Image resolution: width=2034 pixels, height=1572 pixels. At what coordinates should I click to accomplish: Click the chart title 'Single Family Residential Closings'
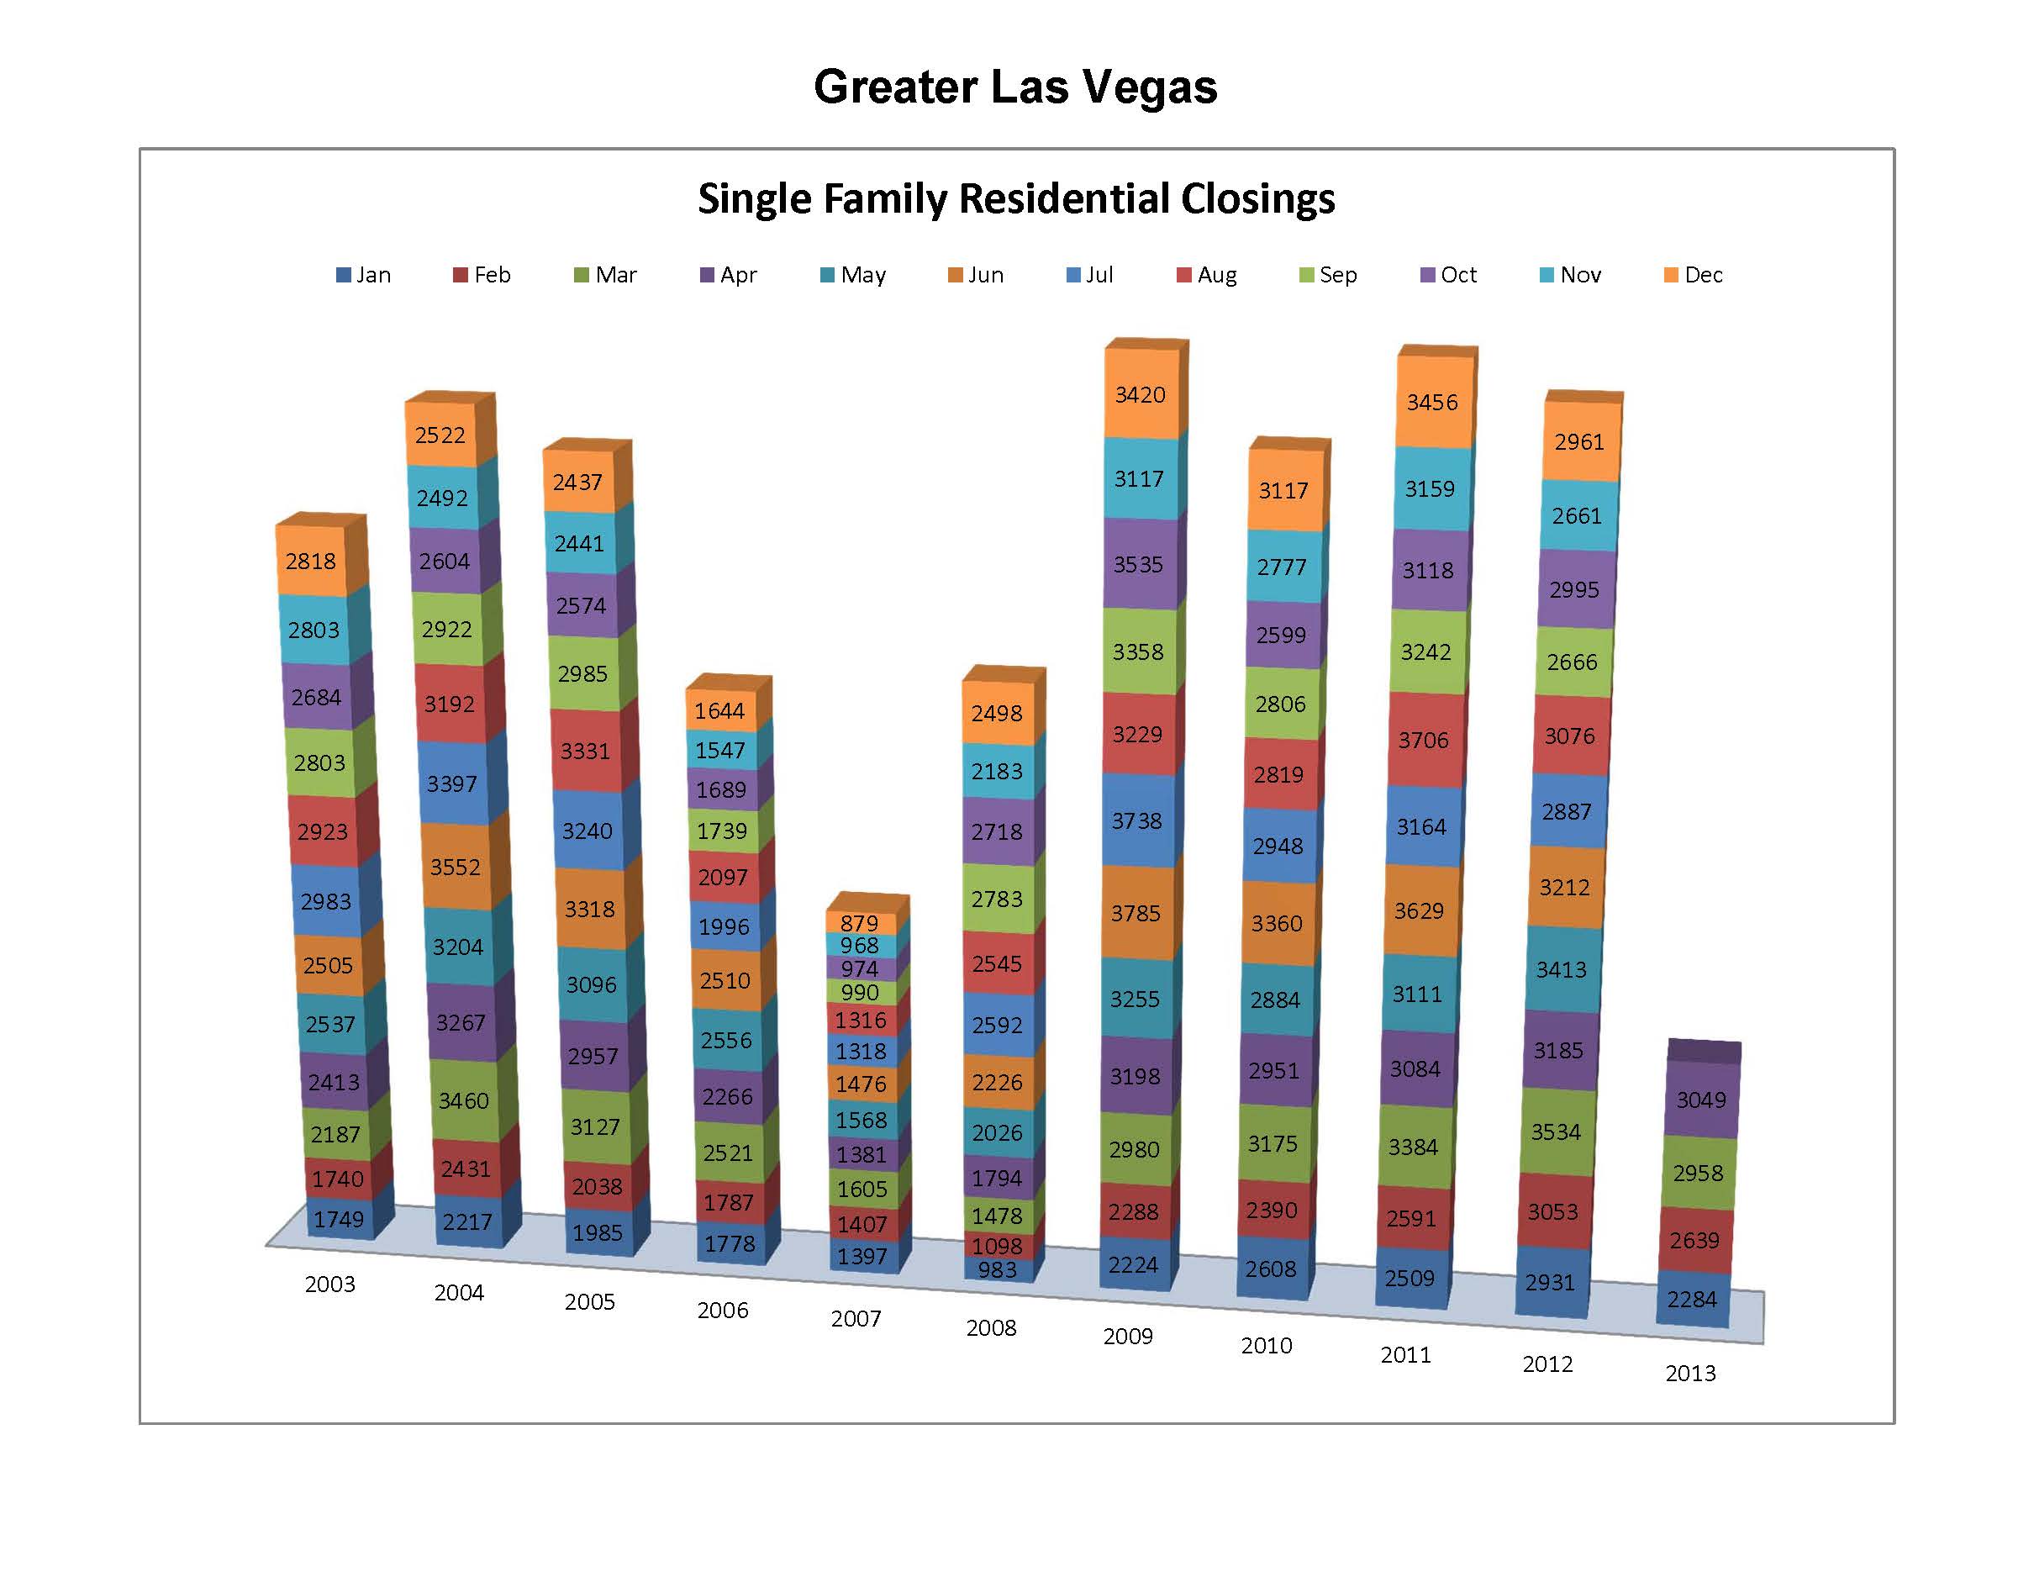click(1016, 198)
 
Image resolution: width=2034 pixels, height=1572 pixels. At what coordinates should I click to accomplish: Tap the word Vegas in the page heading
click(1146, 87)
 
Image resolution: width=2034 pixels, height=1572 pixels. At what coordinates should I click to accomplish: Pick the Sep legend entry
click(1328, 275)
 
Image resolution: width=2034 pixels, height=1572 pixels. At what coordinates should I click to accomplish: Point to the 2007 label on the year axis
click(856, 1319)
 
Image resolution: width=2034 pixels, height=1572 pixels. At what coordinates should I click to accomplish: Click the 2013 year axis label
click(1690, 1373)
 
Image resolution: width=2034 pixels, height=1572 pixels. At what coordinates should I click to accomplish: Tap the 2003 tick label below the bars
click(329, 1285)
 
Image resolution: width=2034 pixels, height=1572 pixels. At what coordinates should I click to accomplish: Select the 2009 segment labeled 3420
click(1140, 395)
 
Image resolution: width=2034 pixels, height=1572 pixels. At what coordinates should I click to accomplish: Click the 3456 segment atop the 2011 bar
click(1432, 403)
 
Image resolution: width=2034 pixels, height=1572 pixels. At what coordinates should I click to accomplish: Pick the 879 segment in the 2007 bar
click(859, 923)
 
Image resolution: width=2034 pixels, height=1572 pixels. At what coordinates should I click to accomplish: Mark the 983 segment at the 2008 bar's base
click(997, 1269)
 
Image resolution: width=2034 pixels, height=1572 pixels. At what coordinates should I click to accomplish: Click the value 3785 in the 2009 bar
click(1136, 913)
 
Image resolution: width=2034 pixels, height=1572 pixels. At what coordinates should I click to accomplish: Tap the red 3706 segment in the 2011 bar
click(1423, 741)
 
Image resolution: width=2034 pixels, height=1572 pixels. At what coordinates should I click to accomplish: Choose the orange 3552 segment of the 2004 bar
click(455, 867)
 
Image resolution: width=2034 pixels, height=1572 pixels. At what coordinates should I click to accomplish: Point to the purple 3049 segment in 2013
click(1700, 1100)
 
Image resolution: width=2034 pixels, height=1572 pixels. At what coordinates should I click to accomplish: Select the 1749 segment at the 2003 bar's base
click(338, 1219)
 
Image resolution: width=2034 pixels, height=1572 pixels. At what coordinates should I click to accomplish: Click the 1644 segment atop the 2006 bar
click(719, 711)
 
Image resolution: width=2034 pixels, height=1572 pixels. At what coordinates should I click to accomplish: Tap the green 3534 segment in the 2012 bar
click(1555, 1132)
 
